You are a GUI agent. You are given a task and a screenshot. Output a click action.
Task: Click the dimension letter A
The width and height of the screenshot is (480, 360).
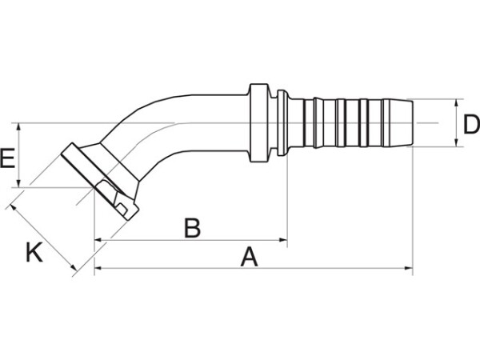249,257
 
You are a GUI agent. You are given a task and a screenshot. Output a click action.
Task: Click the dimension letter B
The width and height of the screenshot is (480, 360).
192,228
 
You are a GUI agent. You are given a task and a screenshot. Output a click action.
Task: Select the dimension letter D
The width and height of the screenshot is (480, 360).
472,124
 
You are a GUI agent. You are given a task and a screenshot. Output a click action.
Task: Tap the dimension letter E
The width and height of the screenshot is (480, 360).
7,158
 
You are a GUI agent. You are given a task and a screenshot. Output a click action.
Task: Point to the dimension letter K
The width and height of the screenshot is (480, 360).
34,252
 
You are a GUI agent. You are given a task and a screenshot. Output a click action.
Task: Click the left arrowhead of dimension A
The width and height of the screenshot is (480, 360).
98,268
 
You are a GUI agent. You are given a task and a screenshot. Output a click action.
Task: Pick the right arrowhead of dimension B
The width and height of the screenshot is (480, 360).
283,240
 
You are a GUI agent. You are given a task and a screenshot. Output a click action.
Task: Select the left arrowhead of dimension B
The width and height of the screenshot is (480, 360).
98,240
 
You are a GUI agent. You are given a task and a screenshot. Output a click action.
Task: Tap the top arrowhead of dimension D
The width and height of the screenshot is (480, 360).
456,103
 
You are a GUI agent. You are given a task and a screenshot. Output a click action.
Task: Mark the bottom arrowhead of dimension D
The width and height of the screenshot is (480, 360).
456,142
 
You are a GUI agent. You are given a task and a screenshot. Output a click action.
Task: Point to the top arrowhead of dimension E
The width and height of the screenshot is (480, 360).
19,127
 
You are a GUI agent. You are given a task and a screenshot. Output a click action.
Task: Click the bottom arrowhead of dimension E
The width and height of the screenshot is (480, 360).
19,182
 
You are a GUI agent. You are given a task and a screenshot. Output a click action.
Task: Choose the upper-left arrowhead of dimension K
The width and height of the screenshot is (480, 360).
13,207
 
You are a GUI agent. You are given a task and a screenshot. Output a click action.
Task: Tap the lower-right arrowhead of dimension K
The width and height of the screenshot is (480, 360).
74,268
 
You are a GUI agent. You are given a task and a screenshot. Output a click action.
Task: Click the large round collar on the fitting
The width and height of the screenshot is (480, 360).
259,122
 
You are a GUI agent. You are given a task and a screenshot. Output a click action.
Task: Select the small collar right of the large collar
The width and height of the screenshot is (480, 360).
282,122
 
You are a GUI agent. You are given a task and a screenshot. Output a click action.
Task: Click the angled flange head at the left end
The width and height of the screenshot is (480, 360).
99,182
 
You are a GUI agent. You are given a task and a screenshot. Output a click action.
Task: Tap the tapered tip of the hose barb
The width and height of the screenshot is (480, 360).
398,122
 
